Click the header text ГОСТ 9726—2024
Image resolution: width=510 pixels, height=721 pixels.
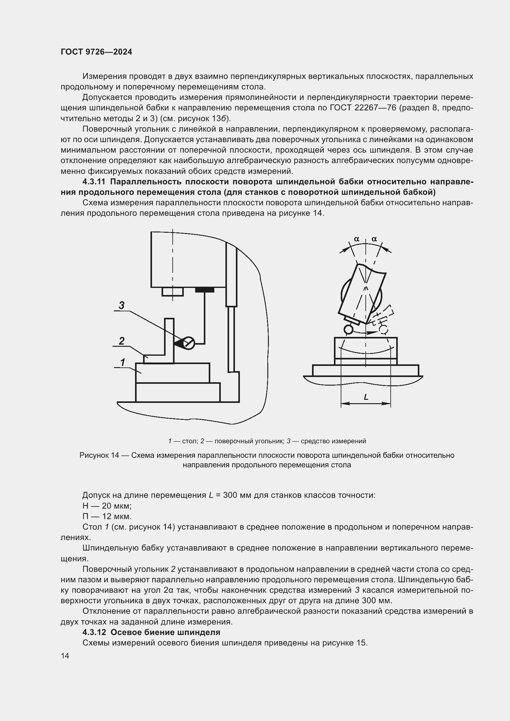tap(97, 52)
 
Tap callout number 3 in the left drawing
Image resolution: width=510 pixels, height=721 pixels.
tap(121, 305)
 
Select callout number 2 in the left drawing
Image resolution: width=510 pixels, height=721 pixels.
tap(121, 341)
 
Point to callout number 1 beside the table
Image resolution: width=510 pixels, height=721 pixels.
tap(123, 362)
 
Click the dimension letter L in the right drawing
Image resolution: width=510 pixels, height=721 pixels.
tap(366, 397)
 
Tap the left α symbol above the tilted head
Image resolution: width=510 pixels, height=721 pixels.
tap(356, 239)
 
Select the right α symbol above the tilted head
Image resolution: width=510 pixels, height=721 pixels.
tap(374, 239)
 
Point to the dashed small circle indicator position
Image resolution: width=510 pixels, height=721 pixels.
tap(384, 330)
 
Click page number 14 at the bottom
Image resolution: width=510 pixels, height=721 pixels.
tap(65, 656)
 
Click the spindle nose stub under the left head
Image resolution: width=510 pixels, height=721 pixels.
tap(172, 292)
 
